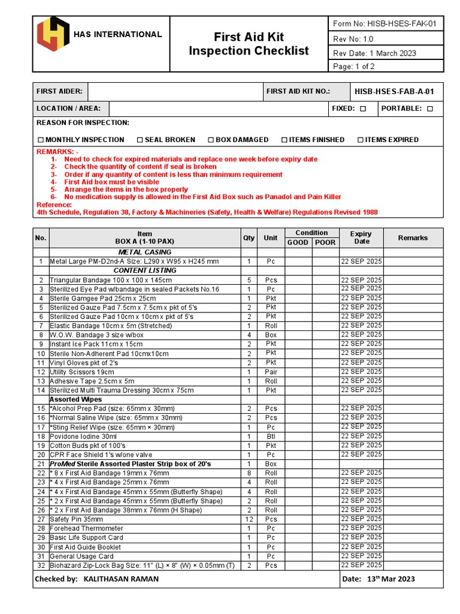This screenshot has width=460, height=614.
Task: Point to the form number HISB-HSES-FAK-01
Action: tap(384, 24)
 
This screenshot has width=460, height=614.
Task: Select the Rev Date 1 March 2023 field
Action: tap(374, 53)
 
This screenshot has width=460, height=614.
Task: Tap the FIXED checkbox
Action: tap(363, 109)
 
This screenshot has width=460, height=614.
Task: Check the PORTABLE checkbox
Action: tap(430, 109)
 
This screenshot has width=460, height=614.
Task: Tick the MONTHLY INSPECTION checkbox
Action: tap(40, 140)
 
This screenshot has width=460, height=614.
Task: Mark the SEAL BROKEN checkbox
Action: tap(140, 140)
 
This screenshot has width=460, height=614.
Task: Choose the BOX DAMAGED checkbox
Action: tap(211, 140)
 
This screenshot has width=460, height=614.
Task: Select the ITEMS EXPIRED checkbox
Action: tap(361, 140)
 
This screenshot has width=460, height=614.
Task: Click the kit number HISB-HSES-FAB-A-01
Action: tap(394, 92)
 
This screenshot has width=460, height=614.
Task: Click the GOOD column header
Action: tap(298, 242)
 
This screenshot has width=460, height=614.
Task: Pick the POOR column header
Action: tap(325, 242)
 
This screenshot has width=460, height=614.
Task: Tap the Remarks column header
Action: tap(413, 238)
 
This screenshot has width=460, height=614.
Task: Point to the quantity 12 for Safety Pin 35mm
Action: tap(249, 519)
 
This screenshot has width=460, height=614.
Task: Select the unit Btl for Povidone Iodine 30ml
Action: tap(271, 437)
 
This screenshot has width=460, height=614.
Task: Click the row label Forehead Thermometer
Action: tap(86, 528)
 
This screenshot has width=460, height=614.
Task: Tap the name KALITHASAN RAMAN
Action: tap(122, 579)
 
